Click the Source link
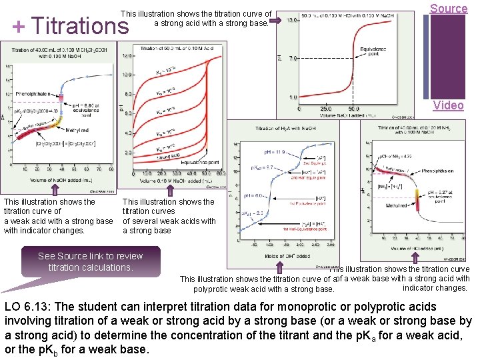coord(448,9)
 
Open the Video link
coord(448,105)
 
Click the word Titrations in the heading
coord(80,25)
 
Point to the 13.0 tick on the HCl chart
coord(291,21)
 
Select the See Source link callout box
coord(90,261)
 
